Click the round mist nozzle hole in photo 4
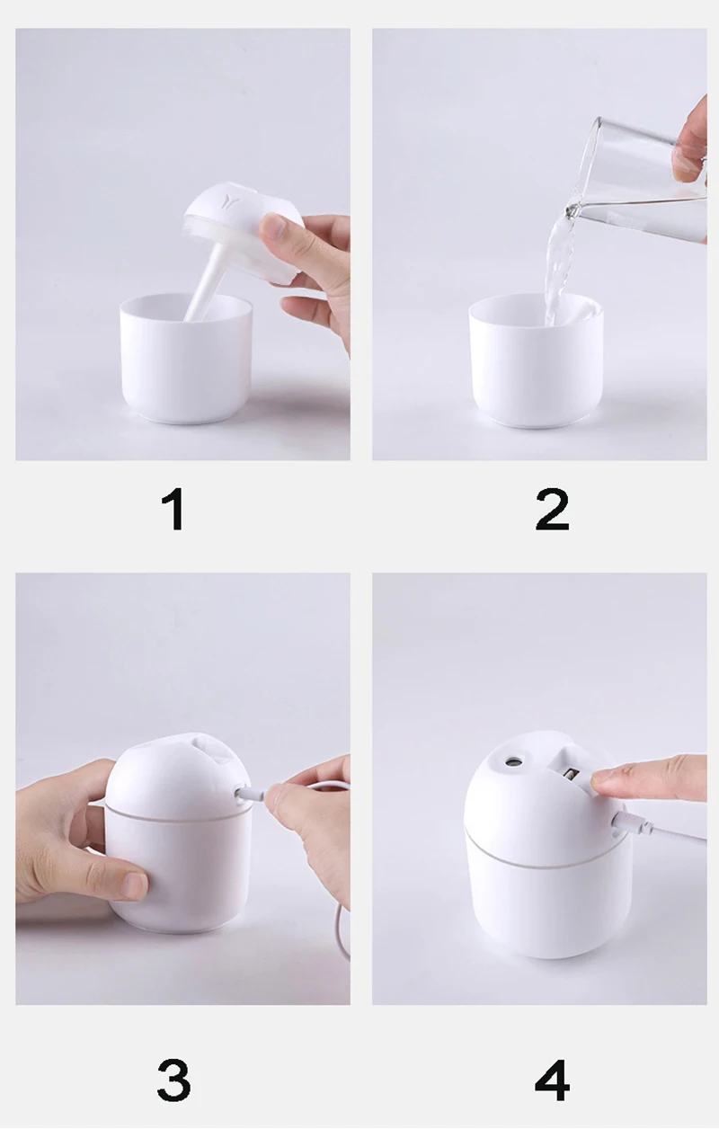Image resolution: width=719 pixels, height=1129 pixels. (x=512, y=765)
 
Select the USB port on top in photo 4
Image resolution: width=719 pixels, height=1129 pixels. (x=574, y=774)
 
